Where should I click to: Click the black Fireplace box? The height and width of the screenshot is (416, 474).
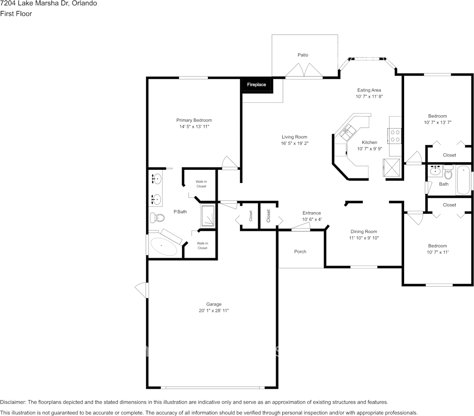click(x=256, y=85)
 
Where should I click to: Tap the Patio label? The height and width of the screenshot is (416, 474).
click(x=303, y=55)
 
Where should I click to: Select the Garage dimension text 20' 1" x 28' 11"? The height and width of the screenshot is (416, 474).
click(x=214, y=310)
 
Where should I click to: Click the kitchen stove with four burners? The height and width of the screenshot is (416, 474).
click(x=395, y=135)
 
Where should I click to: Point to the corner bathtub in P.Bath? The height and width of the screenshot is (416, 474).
click(x=164, y=247)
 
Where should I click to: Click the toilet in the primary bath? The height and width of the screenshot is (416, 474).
click(x=157, y=217)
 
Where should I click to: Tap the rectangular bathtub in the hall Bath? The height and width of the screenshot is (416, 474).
click(x=463, y=180)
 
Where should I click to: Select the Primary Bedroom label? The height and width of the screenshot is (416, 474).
click(x=194, y=120)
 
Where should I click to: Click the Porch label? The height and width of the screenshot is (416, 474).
click(x=300, y=252)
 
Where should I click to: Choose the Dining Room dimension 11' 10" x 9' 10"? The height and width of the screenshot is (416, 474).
click(x=364, y=238)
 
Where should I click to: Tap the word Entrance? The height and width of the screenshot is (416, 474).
click(x=312, y=213)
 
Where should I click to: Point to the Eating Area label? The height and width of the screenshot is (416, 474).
click(x=369, y=90)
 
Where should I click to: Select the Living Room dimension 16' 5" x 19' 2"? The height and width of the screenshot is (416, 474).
click(x=295, y=143)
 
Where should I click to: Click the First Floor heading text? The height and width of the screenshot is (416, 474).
click(x=16, y=14)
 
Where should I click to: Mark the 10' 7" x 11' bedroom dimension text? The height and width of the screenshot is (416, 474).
click(x=437, y=252)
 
